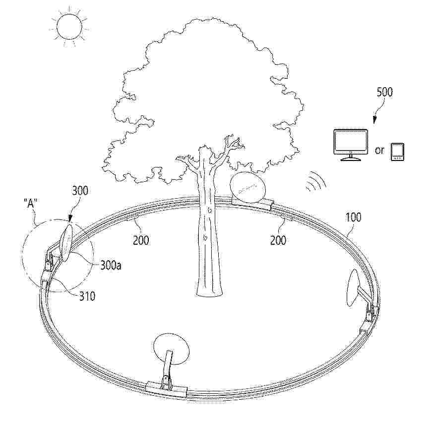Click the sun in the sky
click(69, 26)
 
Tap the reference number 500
click(384, 93)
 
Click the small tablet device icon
click(397, 152)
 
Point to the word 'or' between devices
click(379, 150)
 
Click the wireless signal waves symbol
click(316, 182)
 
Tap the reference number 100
click(353, 217)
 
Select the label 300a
click(111, 265)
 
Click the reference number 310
click(87, 296)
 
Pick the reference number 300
click(80, 191)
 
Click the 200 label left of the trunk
click(141, 240)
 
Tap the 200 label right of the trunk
click(278, 240)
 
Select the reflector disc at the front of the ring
click(171, 349)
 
